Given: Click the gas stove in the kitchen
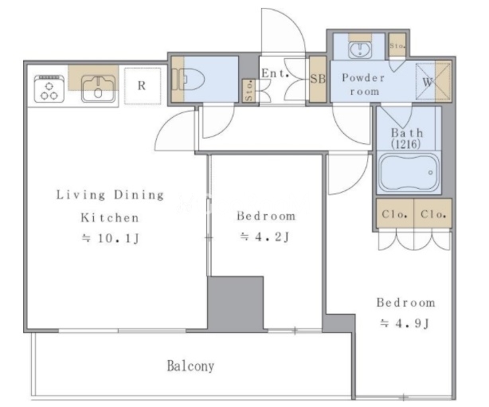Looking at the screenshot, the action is click(49, 89).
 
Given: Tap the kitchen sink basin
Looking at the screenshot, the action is click(98, 89).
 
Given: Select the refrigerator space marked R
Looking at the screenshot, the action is click(143, 86).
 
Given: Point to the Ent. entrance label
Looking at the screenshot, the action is click(275, 73).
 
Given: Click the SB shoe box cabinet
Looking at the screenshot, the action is click(318, 79).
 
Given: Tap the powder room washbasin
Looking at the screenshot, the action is click(360, 49).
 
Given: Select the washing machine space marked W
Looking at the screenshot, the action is click(433, 82).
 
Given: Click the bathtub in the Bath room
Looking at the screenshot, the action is click(409, 173).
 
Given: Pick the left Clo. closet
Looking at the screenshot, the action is click(395, 213).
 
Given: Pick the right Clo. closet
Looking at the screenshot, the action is click(433, 213).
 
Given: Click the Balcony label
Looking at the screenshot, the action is click(190, 366).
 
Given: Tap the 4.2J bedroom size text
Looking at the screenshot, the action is click(265, 237).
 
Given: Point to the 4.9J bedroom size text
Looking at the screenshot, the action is click(405, 323).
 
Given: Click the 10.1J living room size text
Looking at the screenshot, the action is click(111, 239).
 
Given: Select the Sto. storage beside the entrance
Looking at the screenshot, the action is click(248, 91).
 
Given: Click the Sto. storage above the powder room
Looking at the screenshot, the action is click(397, 45).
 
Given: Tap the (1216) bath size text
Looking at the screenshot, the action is click(406, 144).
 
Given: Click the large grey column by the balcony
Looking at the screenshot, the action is click(236, 303).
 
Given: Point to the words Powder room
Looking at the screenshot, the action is click(363, 84).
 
